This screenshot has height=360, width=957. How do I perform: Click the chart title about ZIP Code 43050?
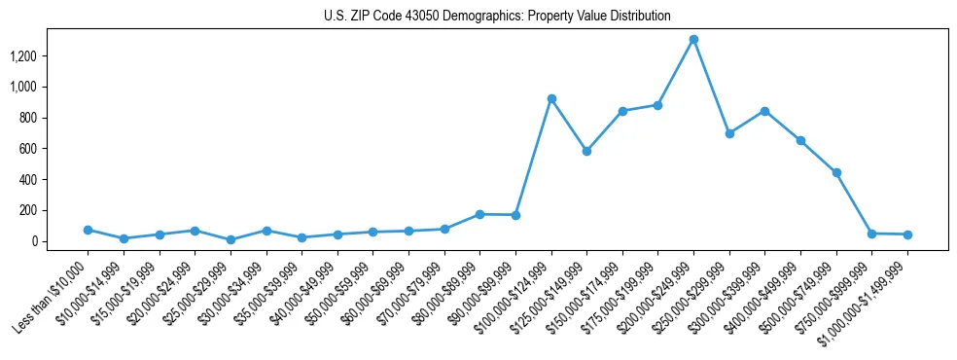[497, 16]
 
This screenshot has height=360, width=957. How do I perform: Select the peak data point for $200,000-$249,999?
[693, 40]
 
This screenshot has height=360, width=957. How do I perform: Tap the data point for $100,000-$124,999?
[551, 99]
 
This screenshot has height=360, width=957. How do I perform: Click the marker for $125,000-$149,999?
[586, 152]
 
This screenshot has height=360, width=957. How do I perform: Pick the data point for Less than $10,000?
[88, 230]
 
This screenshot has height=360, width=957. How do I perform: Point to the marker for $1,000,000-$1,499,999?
[907, 234]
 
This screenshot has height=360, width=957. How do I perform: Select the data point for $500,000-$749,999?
[836, 172]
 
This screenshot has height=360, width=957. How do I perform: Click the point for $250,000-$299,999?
[729, 133]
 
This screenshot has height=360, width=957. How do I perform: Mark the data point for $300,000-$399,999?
[765, 111]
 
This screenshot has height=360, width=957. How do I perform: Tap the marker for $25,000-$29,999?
[230, 239]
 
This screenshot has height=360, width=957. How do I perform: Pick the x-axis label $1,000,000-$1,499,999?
[864, 303]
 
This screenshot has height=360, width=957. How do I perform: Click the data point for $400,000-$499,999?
[800, 141]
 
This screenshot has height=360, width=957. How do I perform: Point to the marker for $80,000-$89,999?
[479, 214]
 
